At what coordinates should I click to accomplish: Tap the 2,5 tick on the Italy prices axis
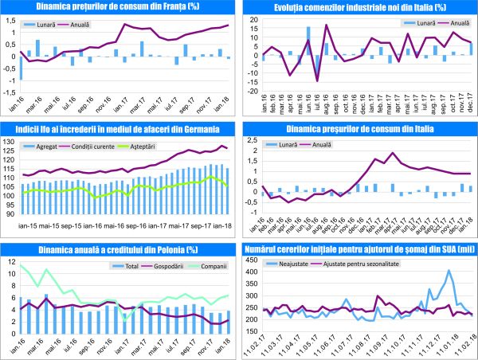(x=255, y=141)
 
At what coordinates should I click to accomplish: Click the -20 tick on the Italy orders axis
(x=253, y=93)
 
